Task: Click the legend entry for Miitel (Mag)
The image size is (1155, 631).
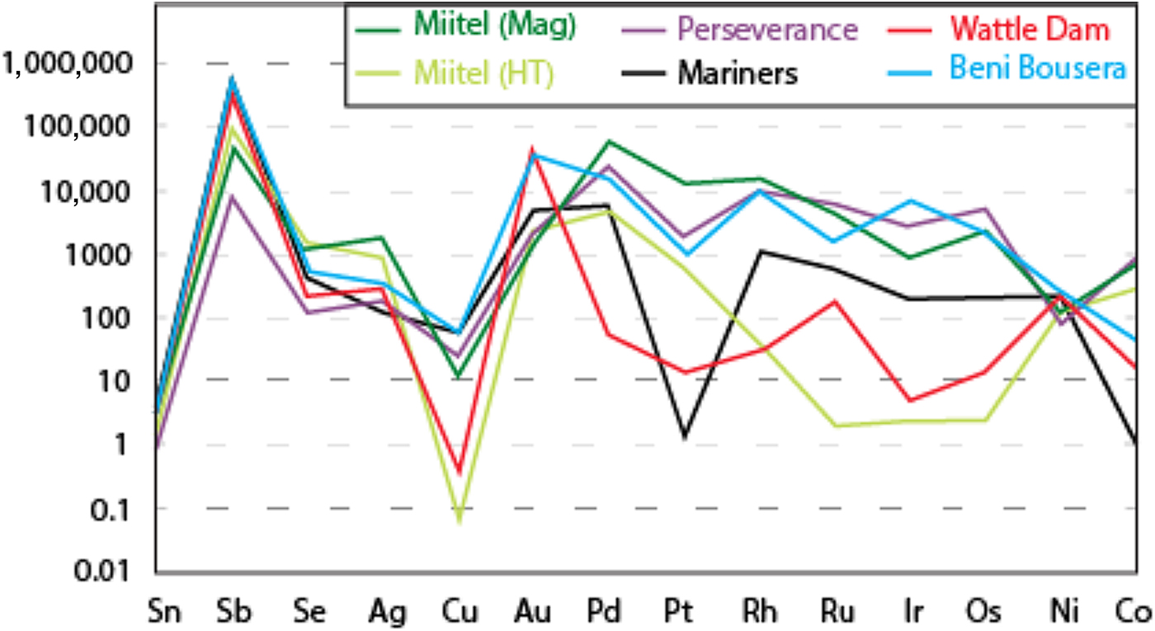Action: coord(494,27)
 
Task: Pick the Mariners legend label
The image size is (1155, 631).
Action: coord(738,73)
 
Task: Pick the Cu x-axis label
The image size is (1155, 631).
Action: coord(458,612)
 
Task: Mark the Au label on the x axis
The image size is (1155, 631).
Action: coord(533,612)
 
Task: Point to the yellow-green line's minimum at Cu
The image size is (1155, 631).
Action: coord(459,520)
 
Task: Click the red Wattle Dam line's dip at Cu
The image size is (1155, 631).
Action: coord(459,473)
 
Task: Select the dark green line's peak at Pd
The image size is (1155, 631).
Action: coord(609,142)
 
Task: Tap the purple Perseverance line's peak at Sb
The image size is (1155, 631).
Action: coord(233,196)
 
